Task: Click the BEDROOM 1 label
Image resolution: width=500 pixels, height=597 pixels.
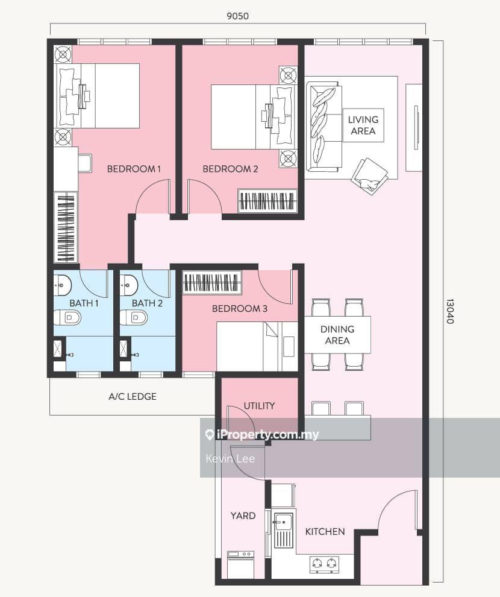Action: (134, 169)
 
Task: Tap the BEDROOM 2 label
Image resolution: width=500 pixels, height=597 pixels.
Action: (230, 169)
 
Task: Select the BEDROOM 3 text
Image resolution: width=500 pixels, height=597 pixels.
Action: (240, 309)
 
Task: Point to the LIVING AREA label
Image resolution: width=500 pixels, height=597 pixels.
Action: (363, 125)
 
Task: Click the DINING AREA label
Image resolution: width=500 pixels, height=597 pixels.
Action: (337, 335)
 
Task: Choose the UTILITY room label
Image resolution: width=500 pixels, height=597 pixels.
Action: (259, 406)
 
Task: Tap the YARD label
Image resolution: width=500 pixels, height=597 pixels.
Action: (243, 516)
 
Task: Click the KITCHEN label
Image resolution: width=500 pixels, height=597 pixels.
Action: (325, 531)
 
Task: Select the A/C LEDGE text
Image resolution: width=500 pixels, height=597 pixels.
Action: (133, 396)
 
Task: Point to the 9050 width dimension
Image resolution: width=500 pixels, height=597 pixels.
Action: (237, 16)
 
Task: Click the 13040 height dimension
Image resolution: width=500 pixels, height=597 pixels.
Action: (450, 311)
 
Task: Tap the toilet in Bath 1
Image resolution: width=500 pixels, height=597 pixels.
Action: (66, 317)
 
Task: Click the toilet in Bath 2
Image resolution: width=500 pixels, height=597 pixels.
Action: (133, 317)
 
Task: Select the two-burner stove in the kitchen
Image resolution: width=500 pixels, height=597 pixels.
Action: (323, 564)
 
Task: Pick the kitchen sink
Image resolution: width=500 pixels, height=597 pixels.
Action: (283, 529)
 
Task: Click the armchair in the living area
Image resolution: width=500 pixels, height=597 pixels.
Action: (369, 175)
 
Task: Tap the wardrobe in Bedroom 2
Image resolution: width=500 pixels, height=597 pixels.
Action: (267, 201)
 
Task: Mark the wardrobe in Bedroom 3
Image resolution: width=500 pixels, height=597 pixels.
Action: (211, 283)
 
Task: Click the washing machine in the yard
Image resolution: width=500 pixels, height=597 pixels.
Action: (240, 564)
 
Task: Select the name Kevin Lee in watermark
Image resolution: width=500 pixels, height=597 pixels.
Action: (230, 458)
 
